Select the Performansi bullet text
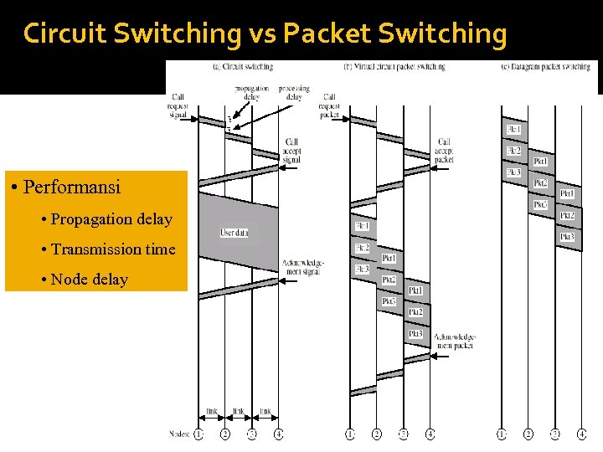point(72,186)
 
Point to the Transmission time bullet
point(113,249)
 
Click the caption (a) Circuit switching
point(243,67)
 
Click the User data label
point(234,232)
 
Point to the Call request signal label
point(178,106)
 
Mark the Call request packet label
point(330,106)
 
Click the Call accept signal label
point(291,150)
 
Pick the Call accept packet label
point(445,150)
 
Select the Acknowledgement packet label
point(456,339)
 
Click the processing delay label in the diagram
point(294,92)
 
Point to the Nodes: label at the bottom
point(178,434)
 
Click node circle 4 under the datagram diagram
point(581,434)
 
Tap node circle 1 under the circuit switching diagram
point(198,434)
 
